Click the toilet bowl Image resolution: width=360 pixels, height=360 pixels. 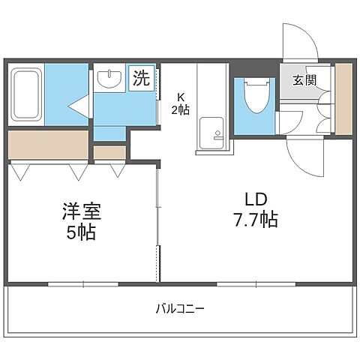tap(254, 98)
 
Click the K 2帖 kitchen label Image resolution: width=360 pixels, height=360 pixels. tap(181, 102)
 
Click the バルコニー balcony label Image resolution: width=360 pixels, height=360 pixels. tap(180, 308)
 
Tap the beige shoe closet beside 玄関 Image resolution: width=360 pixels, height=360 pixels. tap(343, 99)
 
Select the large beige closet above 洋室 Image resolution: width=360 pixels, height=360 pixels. tap(49, 144)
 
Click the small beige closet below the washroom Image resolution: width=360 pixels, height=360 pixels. tap(109, 152)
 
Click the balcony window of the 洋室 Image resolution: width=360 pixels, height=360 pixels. tap(82, 283)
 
